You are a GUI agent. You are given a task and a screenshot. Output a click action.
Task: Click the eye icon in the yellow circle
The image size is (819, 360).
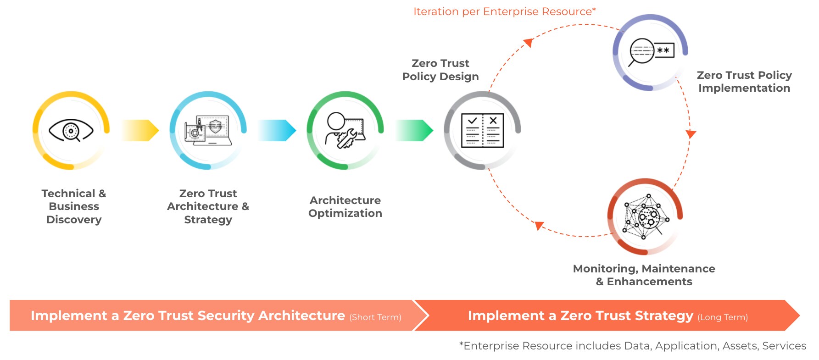click(x=71, y=131)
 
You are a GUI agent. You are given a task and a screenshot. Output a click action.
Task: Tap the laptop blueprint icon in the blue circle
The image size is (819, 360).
click(x=207, y=131)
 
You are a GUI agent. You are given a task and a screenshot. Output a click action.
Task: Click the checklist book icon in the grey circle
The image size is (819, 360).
click(x=482, y=131)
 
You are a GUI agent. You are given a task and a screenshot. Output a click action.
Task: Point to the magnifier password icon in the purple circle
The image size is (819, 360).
click(x=651, y=52)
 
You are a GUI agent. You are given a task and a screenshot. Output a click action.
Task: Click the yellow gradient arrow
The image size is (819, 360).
click(x=140, y=130)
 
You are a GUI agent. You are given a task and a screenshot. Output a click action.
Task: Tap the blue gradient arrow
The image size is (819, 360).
click(x=277, y=130)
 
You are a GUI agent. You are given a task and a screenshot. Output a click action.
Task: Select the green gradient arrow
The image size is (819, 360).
click(x=414, y=130)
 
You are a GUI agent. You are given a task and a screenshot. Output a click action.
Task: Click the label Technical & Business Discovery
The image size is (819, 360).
click(x=74, y=206)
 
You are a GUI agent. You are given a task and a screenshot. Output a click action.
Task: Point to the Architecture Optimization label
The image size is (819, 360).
click(x=345, y=207)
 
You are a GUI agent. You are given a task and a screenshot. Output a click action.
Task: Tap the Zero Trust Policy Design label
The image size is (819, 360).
click(x=440, y=70)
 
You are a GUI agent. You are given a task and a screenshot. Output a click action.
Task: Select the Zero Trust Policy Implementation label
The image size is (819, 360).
click(x=744, y=82)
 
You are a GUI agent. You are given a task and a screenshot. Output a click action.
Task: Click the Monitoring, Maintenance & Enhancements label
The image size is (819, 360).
click(x=644, y=275)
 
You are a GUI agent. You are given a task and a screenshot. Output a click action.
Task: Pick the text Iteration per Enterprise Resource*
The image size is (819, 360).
click(x=504, y=11)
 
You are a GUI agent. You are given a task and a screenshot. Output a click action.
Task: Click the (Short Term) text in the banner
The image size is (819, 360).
click(x=375, y=317)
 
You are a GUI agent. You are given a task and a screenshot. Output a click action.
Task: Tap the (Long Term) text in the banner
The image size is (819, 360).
click(x=723, y=317)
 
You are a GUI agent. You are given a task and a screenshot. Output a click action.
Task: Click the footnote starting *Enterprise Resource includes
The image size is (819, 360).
click(x=632, y=346)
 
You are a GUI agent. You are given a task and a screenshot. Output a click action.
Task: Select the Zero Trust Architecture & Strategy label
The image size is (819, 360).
click(x=208, y=206)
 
